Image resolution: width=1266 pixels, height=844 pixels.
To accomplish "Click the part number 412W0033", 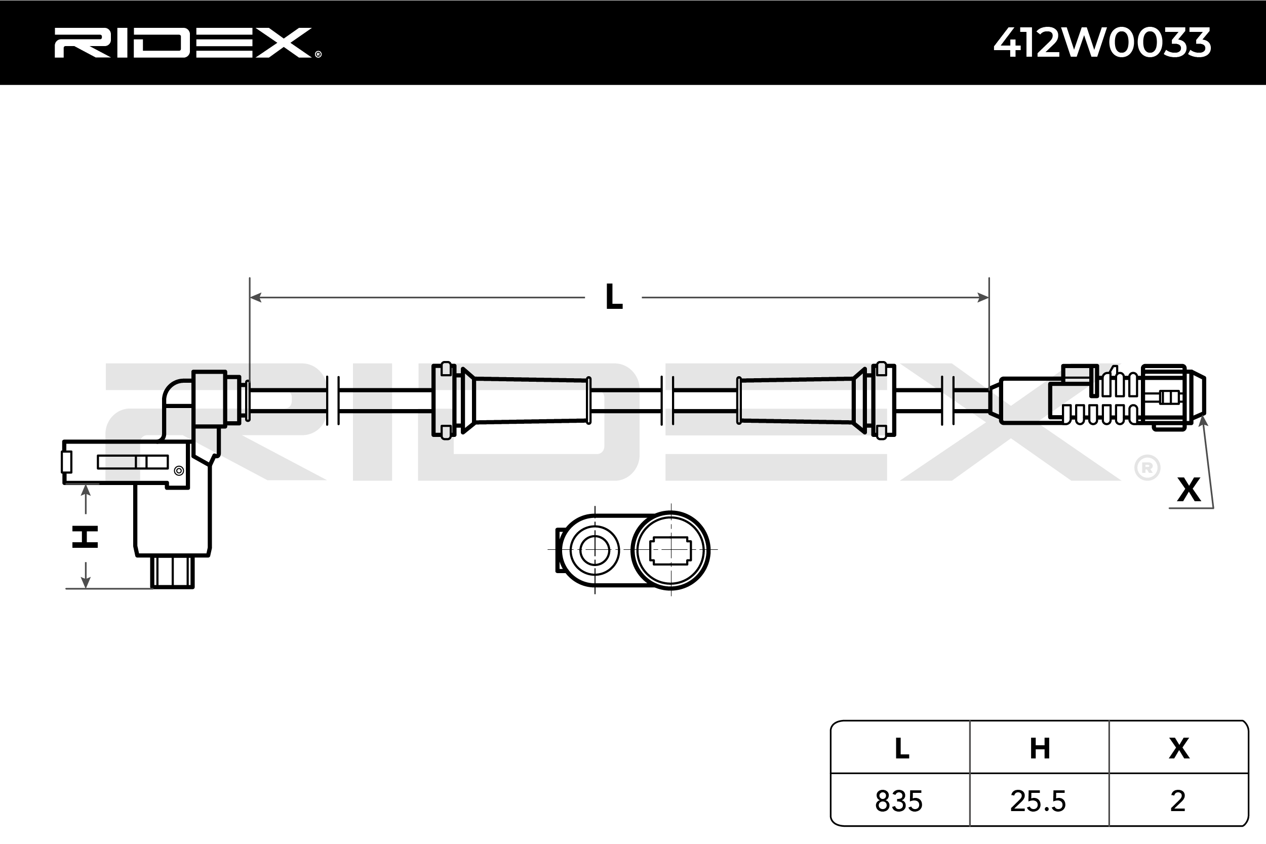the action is click(x=1102, y=43).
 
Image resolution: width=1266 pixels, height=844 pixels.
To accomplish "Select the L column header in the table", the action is click(x=901, y=749).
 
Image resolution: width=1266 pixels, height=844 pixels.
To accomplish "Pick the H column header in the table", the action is click(x=1040, y=749).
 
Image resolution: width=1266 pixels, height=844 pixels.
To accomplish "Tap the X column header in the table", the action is click(x=1179, y=749).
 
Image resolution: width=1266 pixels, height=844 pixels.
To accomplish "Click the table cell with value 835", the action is click(x=898, y=801).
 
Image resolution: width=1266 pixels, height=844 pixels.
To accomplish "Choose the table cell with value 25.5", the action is click(x=1038, y=801).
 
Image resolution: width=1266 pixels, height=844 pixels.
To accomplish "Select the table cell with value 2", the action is click(x=1178, y=801).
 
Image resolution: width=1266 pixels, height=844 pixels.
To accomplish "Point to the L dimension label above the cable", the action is click(x=614, y=297).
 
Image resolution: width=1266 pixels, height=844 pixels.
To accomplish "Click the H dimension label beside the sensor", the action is click(x=85, y=537).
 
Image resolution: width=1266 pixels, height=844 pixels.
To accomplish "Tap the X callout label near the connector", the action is click(x=1189, y=490).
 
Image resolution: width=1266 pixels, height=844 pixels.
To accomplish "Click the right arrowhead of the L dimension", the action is click(x=982, y=297).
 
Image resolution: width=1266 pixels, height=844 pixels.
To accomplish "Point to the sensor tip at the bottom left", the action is click(x=172, y=572).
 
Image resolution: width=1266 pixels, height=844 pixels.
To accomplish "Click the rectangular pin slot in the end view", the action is click(x=670, y=551).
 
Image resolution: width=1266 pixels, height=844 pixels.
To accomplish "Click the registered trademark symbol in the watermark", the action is click(x=1146, y=468).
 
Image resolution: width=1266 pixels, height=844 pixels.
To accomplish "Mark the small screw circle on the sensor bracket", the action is click(x=179, y=471).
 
